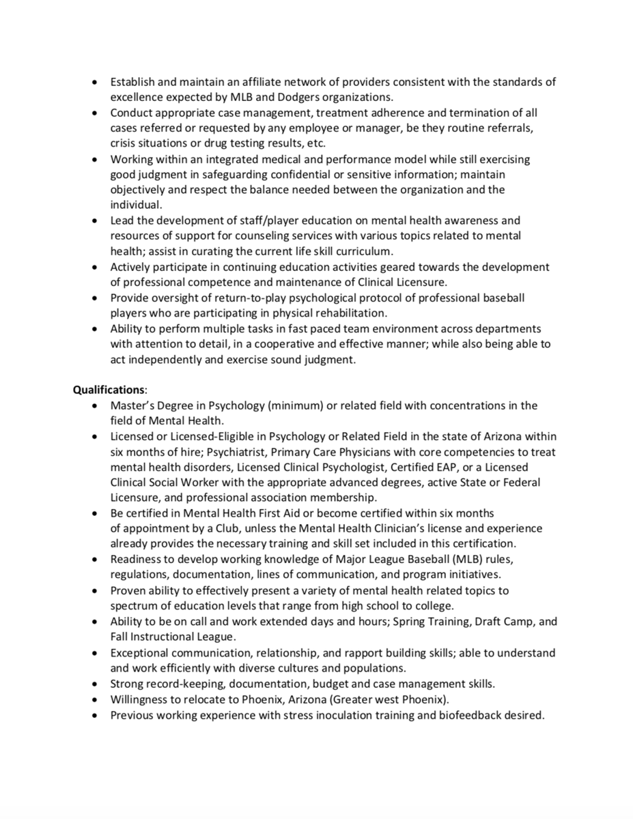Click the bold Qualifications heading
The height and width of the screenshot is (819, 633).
(109, 390)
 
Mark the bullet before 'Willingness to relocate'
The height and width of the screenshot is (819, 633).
(96, 700)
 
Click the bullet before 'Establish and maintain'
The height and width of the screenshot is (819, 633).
(96, 82)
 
